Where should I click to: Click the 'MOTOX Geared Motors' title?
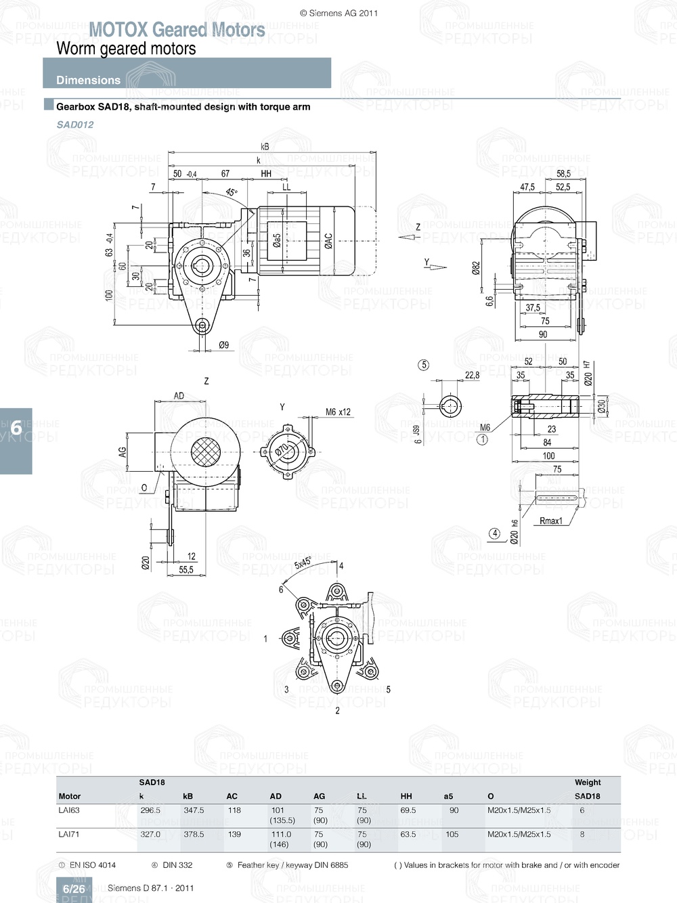177,30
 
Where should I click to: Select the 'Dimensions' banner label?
88,80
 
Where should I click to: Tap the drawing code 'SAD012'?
75,125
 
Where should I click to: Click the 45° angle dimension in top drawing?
232,193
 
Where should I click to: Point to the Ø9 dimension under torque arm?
223,345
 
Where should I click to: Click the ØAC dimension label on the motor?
328,241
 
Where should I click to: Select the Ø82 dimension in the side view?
476,269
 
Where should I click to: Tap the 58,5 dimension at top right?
563,174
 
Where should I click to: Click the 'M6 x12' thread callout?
338,412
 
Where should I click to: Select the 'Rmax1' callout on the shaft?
550,521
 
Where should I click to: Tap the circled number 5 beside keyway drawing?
424,365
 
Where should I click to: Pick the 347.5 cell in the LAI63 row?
194,810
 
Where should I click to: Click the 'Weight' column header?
587,783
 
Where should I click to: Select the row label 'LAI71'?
69,834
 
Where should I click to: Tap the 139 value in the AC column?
234,834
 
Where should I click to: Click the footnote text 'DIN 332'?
177,865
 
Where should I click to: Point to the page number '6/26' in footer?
74,889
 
